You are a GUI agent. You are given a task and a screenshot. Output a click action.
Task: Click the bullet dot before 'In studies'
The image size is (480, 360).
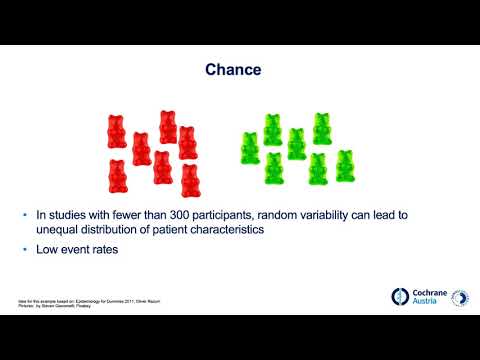(25, 214)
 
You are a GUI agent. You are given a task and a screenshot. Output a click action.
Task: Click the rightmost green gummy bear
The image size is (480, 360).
(345, 165)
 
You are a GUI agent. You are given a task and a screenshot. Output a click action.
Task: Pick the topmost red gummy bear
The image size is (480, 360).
(168, 127)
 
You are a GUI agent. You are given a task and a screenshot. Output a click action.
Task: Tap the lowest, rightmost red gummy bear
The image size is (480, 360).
(190, 180)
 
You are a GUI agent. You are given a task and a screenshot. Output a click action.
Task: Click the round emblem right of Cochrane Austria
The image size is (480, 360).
(461, 298)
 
